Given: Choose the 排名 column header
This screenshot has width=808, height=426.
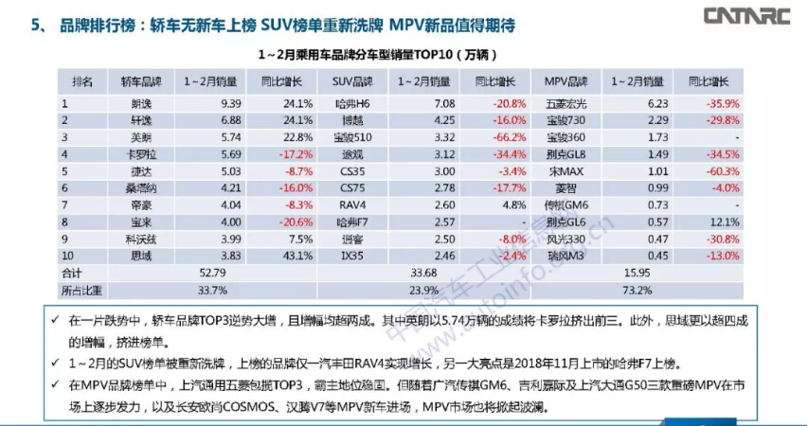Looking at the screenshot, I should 83,81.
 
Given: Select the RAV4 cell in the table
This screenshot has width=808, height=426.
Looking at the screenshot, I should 350,204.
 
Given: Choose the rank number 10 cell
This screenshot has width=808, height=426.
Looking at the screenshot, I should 68,256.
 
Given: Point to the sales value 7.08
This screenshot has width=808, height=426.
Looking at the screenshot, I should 420,103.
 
